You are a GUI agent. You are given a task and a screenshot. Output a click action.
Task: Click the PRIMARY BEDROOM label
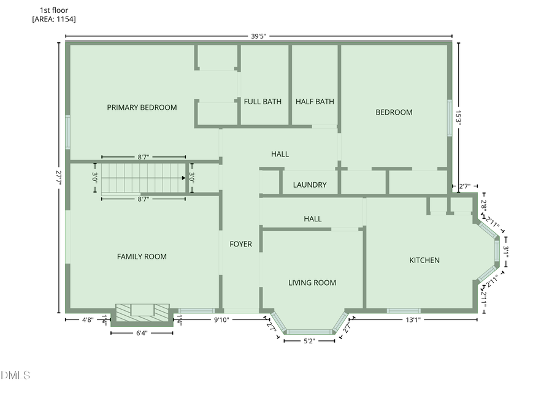142,107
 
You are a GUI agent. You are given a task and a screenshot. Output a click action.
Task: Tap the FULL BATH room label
263,102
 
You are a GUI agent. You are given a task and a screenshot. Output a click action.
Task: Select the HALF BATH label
315,102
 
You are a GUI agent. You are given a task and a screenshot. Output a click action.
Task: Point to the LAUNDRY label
310,185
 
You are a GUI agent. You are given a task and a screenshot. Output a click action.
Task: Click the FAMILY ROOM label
142,257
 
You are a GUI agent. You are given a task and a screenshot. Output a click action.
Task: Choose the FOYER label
240,244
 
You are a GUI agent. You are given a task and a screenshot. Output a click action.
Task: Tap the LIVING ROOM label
312,283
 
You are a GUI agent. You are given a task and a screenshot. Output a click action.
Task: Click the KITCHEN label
424,261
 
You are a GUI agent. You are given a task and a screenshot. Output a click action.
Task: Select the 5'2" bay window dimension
309,341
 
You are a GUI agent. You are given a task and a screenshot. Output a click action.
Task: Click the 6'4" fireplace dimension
141,333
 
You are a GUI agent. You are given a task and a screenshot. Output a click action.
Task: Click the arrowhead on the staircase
183,178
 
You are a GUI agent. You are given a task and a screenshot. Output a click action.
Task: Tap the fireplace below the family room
142,311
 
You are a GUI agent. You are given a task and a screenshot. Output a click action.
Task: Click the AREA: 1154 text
54,20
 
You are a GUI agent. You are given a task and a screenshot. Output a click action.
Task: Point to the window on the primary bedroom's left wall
68,132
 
